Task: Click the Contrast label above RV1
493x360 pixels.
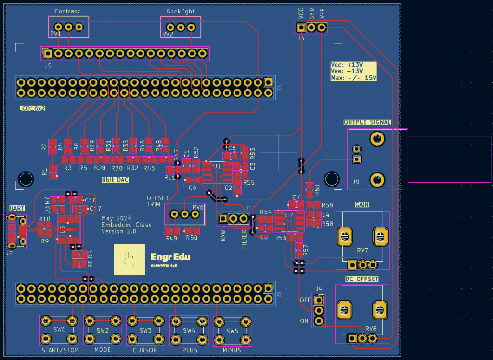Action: (x=67, y=11)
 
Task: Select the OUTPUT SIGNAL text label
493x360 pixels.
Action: (x=367, y=122)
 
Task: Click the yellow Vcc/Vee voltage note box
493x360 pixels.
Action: (x=353, y=70)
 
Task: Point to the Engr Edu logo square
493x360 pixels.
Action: (x=130, y=259)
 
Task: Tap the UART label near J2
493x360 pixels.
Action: (x=17, y=208)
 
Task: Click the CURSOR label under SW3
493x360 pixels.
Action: (x=145, y=350)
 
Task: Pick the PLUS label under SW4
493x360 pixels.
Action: (x=190, y=350)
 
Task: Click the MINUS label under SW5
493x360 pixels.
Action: (x=233, y=350)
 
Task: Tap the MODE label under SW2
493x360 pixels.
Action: (x=103, y=350)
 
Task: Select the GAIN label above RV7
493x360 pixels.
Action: (x=362, y=205)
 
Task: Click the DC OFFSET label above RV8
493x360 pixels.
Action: (x=362, y=279)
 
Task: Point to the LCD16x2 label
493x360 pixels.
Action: (x=32, y=108)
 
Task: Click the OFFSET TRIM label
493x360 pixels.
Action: (x=157, y=201)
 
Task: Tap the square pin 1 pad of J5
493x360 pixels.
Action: (x=48, y=53)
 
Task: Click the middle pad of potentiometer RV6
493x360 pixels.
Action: (x=185, y=214)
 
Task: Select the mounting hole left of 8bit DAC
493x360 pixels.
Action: (x=26, y=180)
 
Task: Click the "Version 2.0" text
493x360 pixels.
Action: (x=119, y=231)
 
